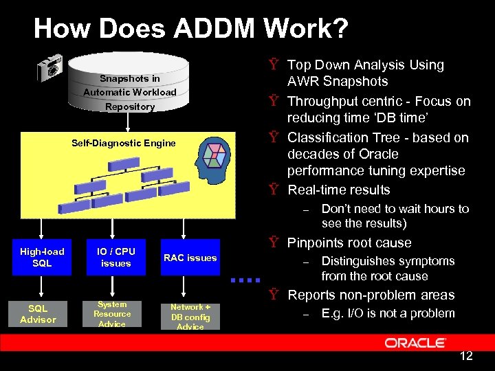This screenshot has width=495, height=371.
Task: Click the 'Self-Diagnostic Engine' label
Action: click(124, 143)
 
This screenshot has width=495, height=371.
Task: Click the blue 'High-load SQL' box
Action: click(42, 257)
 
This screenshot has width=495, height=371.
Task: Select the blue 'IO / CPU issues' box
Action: click(115, 257)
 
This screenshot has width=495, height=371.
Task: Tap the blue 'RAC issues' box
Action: click(190, 258)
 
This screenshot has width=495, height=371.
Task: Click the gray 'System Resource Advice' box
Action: click(112, 314)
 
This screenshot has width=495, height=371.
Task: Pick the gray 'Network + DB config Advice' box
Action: click(190, 316)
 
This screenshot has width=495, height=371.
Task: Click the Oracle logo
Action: click(415, 343)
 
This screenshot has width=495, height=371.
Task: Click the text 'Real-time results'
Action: click(338, 190)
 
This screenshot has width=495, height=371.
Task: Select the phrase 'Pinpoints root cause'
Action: click(349, 243)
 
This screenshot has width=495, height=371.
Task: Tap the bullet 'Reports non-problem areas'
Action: click(371, 295)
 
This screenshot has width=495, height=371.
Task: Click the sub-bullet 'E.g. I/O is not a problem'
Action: click(388, 313)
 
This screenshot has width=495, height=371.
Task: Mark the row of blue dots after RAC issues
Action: click(245, 280)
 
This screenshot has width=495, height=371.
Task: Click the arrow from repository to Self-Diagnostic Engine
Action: click(129, 121)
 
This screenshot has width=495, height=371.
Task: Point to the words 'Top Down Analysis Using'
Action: click(365, 65)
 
